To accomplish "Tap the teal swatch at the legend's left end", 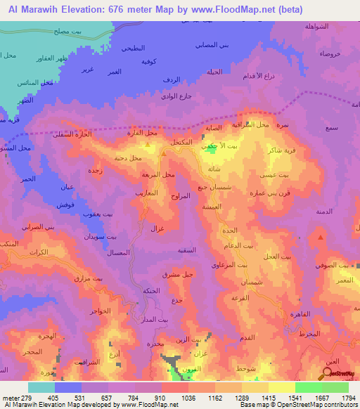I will (41, 387).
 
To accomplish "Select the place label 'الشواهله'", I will (318, 26).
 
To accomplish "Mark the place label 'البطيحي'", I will (134, 47).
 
